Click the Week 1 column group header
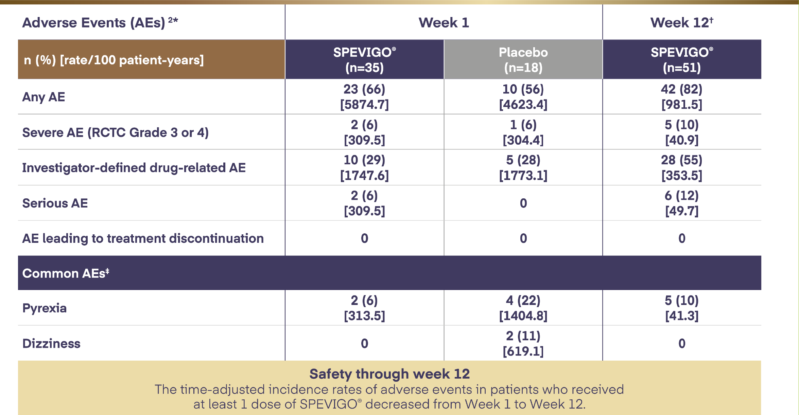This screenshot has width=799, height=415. (x=444, y=23)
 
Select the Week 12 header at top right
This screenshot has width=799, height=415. (x=681, y=23)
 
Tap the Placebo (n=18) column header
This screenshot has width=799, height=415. (x=523, y=60)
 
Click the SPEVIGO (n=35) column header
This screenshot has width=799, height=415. (x=364, y=60)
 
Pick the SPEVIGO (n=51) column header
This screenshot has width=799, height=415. (x=681, y=60)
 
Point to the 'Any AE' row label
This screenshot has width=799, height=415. (x=44, y=97)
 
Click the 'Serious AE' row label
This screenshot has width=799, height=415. (x=55, y=203)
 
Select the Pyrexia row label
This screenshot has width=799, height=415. (x=45, y=308)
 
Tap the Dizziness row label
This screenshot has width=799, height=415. (x=51, y=343)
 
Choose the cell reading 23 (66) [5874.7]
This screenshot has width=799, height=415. (x=364, y=97)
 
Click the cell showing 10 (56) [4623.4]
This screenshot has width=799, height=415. (x=523, y=97)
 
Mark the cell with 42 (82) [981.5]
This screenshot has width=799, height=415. (x=681, y=97)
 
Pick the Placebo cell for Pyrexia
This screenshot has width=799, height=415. (x=523, y=308)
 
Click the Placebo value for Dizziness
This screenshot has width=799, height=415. (x=523, y=343)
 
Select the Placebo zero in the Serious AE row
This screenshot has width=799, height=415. (x=523, y=203)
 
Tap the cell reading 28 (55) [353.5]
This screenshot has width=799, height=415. (x=681, y=168)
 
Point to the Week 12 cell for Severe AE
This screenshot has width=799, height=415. (x=681, y=132)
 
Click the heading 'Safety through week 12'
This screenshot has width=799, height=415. (x=389, y=374)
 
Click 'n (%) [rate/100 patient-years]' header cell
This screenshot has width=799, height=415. (x=114, y=60)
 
